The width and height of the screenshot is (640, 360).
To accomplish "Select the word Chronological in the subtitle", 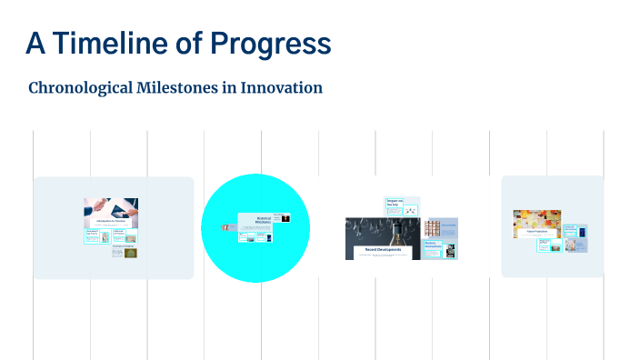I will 85,88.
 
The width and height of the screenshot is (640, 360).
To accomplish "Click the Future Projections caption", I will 536,233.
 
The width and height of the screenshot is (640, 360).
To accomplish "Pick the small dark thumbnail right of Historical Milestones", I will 285,218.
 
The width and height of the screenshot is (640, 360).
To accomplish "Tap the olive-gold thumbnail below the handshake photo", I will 131,253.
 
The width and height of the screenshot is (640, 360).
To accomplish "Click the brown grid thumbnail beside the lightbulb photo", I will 433,226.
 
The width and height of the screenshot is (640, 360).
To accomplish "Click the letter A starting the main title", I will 34,43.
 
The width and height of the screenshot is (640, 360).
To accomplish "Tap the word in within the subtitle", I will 238,88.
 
